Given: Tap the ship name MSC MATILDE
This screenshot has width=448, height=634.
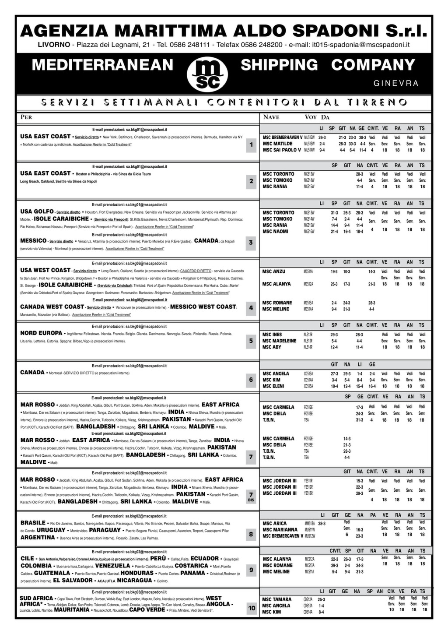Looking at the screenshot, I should [x=277, y=144].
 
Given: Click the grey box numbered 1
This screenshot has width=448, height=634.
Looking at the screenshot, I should [x=251, y=145].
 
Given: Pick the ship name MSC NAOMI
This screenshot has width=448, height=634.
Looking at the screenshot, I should [x=275, y=232].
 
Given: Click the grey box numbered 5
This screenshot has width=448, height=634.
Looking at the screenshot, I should [x=251, y=341].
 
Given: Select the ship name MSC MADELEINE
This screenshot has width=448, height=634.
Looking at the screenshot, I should [x=279, y=341].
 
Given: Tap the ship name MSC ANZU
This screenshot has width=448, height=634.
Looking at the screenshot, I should [x=273, y=272].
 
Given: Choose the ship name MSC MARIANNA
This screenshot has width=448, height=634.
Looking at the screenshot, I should [x=280, y=530].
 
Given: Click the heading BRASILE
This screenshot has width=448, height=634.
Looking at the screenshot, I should [x=33, y=523].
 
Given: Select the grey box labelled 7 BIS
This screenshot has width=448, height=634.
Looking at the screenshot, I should [x=251, y=496].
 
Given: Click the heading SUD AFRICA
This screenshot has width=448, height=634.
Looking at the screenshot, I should [x=37, y=598].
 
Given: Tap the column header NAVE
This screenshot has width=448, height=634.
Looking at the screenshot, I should [x=271, y=117].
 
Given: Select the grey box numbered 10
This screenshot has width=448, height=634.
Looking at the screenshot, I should [x=252, y=608].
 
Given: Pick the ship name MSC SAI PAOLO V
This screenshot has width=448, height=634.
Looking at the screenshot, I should [x=282, y=150].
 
